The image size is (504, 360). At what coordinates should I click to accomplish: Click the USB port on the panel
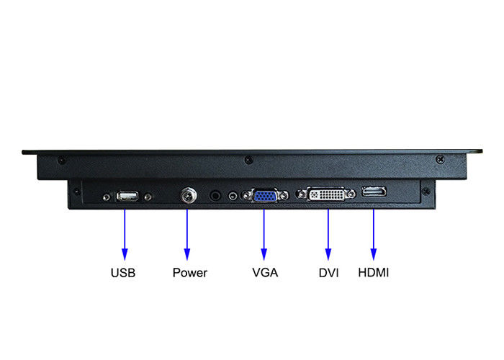(x=127, y=196)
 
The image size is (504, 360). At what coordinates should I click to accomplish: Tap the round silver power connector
(x=189, y=195)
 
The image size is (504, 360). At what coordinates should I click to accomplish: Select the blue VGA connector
(x=265, y=196)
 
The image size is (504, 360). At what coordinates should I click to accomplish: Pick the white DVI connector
(x=326, y=194)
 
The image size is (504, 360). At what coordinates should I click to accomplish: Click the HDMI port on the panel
(x=374, y=192)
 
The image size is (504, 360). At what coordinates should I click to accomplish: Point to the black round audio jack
(x=215, y=195)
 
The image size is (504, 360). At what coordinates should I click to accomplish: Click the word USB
(x=123, y=273)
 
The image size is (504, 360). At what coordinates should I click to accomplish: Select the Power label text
(x=190, y=273)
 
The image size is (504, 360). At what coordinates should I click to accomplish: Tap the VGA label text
(x=265, y=273)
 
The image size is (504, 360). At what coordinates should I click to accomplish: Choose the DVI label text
(x=328, y=273)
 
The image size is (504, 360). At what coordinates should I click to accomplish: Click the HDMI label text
(x=374, y=273)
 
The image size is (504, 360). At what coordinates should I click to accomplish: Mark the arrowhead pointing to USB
(x=125, y=254)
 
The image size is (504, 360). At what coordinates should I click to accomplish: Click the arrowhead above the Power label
(x=187, y=254)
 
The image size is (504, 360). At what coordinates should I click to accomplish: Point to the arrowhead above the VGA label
(x=264, y=254)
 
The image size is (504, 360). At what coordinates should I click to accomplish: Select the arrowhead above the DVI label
(x=328, y=254)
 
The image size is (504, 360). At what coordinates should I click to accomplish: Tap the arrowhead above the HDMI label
(x=374, y=254)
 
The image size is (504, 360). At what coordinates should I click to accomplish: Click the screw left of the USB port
(x=107, y=197)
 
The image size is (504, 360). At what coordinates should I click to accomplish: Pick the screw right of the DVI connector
(x=352, y=194)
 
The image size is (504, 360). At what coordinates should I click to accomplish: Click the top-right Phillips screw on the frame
(x=441, y=159)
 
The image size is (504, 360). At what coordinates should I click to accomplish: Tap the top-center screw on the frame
(x=248, y=159)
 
